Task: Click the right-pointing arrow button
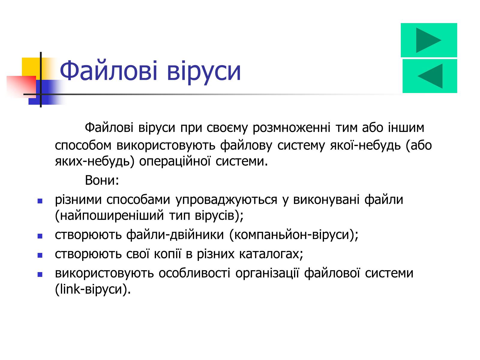(x=429, y=40)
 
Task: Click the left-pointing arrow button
(x=430, y=76)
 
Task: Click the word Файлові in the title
(x=108, y=70)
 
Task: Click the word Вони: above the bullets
(x=102, y=180)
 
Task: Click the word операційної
(x=175, y=161)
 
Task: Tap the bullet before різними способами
(x=40, y=201)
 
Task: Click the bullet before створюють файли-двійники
(x=40, y=236)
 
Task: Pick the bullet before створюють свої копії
(x=40, y=255)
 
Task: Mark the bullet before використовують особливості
(x=40, y=274)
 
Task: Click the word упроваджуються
(x=226, y=200)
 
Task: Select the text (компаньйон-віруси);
(x=294, y=235)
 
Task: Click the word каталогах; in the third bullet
(x=271, y=254)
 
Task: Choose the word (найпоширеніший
(x=109, y=215)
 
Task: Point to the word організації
(x=267, y=273)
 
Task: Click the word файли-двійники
(x=175, y=235)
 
